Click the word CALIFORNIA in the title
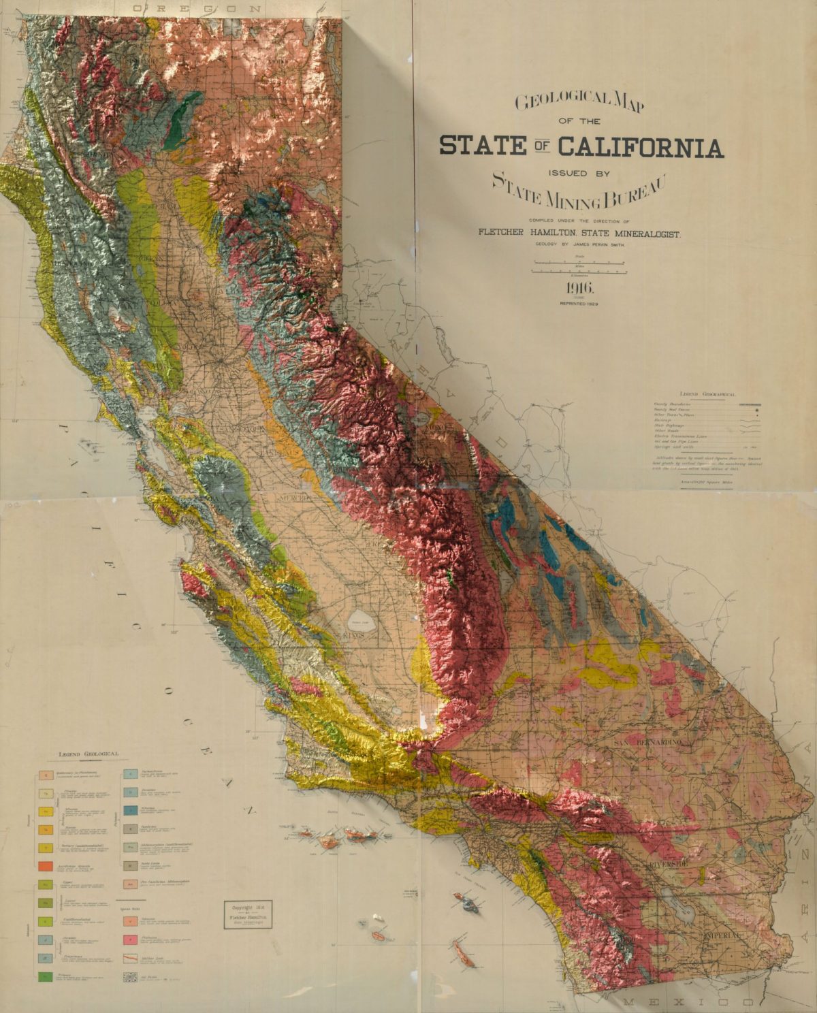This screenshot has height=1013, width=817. click(640, 146)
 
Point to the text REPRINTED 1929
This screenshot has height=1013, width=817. click(579, 304)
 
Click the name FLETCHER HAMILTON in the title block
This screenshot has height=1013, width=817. click(526, 233)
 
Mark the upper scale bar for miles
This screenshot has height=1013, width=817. click(579, 261)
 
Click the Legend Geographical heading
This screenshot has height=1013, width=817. click(707, 394)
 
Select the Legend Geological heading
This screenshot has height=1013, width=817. click(89, 754)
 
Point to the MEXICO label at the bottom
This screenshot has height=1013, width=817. click(688, 1002)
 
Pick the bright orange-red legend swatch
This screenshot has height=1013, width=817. click(46, 867)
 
